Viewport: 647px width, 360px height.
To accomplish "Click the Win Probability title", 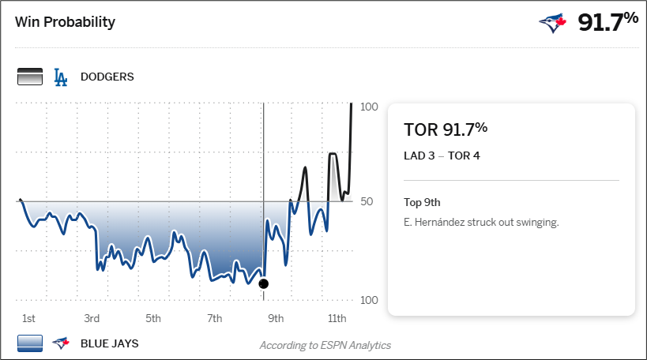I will pos(65,21).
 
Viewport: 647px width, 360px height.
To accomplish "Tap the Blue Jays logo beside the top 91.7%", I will pos(553,23).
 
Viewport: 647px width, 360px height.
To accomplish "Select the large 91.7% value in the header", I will pos(608,22).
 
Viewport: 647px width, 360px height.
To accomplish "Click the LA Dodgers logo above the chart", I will pos(60,77).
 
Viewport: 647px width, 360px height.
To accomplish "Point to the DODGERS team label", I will pos(107,77).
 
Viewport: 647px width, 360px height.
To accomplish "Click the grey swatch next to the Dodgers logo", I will pos(29,77).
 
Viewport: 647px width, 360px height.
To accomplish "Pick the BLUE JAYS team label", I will pos(111,343).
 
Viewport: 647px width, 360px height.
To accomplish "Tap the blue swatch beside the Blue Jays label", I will pos(29,343).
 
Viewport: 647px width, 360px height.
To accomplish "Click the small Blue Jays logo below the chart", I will pos(60,343).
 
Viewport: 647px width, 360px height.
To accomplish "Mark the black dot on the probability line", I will pos(264,283).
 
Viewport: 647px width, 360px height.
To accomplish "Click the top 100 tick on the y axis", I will pos(369,107).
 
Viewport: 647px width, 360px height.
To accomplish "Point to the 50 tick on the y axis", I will pos(367,202).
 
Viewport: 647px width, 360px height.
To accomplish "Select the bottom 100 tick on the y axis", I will pos(369,300).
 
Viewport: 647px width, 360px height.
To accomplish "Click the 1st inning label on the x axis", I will pos(28,318).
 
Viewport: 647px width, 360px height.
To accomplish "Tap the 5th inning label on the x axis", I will pos(153,318).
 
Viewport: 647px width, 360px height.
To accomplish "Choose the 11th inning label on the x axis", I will pos(337,318).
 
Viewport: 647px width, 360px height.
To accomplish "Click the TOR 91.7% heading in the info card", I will pos(446,129).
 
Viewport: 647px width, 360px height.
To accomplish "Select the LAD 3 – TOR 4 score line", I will pos(442,155).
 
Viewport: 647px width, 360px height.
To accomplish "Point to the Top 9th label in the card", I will pos(422,202).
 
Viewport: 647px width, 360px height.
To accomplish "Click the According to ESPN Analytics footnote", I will pos(325,345).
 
